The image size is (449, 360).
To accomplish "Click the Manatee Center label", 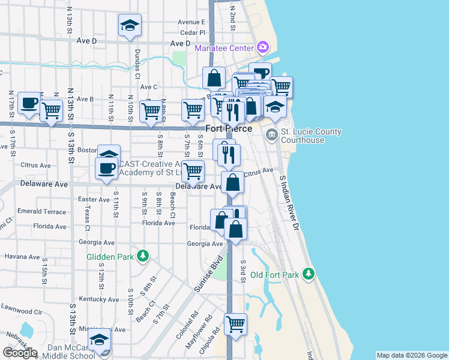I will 224,48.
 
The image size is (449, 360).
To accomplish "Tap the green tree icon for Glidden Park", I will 143,256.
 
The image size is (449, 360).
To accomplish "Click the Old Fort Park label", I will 274,275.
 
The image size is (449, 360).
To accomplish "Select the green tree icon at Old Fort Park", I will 309,274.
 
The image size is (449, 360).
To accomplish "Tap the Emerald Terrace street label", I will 41,211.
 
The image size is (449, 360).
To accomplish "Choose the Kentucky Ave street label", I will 98,299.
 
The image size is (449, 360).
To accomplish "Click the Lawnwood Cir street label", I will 21,312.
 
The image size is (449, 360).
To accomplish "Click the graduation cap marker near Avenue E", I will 130,26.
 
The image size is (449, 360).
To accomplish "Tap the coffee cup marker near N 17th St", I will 29,103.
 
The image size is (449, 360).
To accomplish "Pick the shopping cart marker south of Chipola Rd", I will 235,324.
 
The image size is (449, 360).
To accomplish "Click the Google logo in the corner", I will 20,353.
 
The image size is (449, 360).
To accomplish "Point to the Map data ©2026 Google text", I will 412,355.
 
